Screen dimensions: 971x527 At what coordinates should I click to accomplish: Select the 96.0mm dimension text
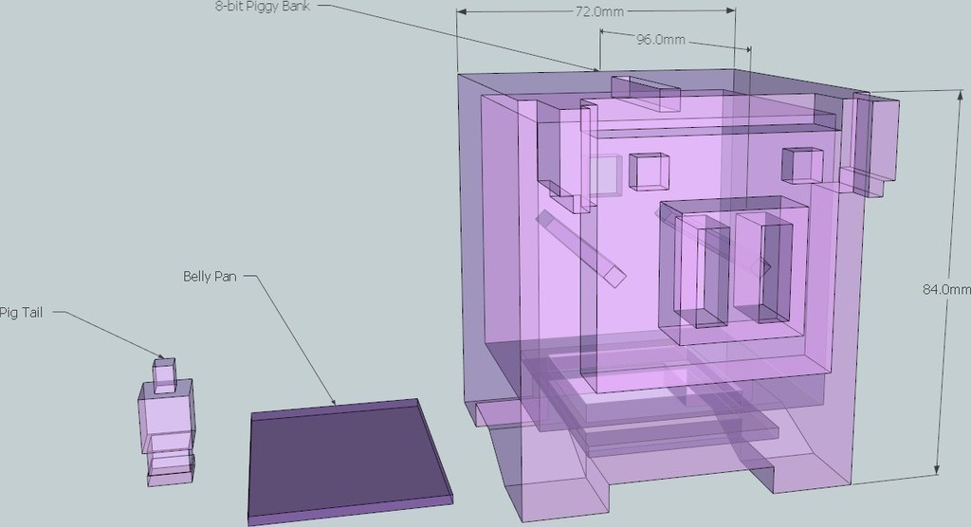click(661, 40)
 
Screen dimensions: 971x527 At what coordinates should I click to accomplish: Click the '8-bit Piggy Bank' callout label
click(263, 7)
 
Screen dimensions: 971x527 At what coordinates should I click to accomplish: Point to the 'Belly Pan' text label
click(210, 276)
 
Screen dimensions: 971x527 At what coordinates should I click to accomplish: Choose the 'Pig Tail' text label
click(21, 312)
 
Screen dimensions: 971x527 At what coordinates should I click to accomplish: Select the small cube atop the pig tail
click(165, 375)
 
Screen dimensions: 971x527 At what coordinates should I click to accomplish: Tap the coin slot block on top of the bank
click(645, 93)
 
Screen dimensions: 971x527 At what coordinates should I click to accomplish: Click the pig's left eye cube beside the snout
click(650, 171)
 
